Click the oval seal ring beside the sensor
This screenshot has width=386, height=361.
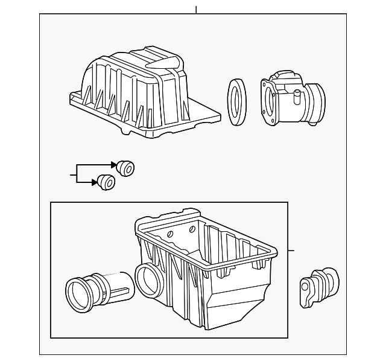point(236,103)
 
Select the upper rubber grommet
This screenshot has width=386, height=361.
point(126,168)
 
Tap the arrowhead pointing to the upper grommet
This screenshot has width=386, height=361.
point(113,164)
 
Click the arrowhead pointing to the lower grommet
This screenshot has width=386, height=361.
point(95,181)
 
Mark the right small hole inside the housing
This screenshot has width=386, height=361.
point(192,229)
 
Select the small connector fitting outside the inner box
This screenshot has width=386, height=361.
point(320,284)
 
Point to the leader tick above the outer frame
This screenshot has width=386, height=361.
point(196,10)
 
